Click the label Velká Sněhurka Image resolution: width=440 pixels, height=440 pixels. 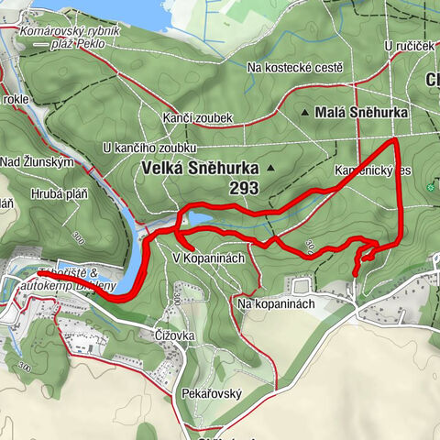pos(197,169)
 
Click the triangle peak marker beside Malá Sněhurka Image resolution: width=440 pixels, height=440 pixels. pos(306,113)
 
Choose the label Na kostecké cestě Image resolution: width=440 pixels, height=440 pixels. pos(295,68)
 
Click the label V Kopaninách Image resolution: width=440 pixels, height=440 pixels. pos(209,258)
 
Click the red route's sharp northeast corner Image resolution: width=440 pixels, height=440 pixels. pos(395,139)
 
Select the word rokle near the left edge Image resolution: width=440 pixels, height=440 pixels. pos(16,99)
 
